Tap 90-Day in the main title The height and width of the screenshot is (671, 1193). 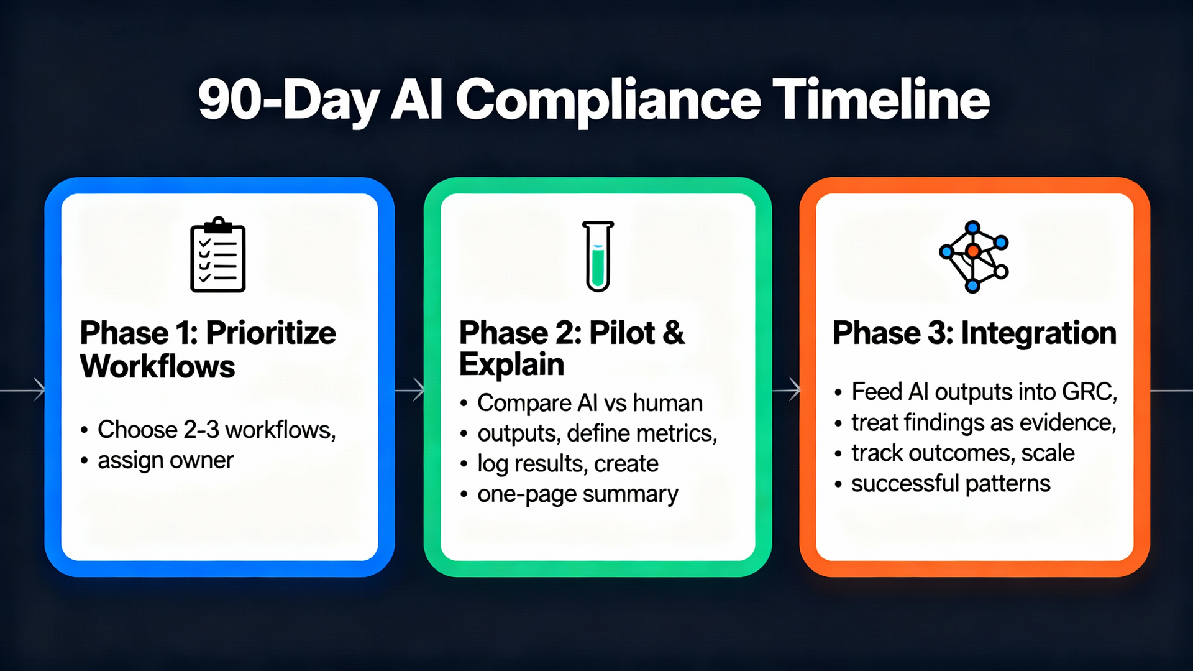(x=288, y=101)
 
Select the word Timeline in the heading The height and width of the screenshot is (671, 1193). (x=883, y=100)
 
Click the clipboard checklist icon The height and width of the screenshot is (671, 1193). (x=217, y=255)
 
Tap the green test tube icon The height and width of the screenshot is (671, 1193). (x=598, y=256)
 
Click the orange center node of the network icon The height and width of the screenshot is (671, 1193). (x=973, y=251)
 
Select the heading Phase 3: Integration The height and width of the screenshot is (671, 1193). (x=974, y=333)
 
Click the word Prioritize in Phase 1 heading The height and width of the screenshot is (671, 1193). (x=271, y=333)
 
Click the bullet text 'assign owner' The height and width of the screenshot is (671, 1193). (x=165, y=460)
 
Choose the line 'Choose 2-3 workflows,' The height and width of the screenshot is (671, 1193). (x=216, y=430)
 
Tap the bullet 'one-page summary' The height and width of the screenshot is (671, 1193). (x=577, y=494)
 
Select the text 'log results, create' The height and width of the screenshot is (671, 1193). (x=567, y=464)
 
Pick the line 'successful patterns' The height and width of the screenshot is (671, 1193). (x=950, y=484)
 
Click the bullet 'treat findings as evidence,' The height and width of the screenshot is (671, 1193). (x=984, y=423)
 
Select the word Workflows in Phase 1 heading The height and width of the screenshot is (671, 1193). (x=158, y=366)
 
